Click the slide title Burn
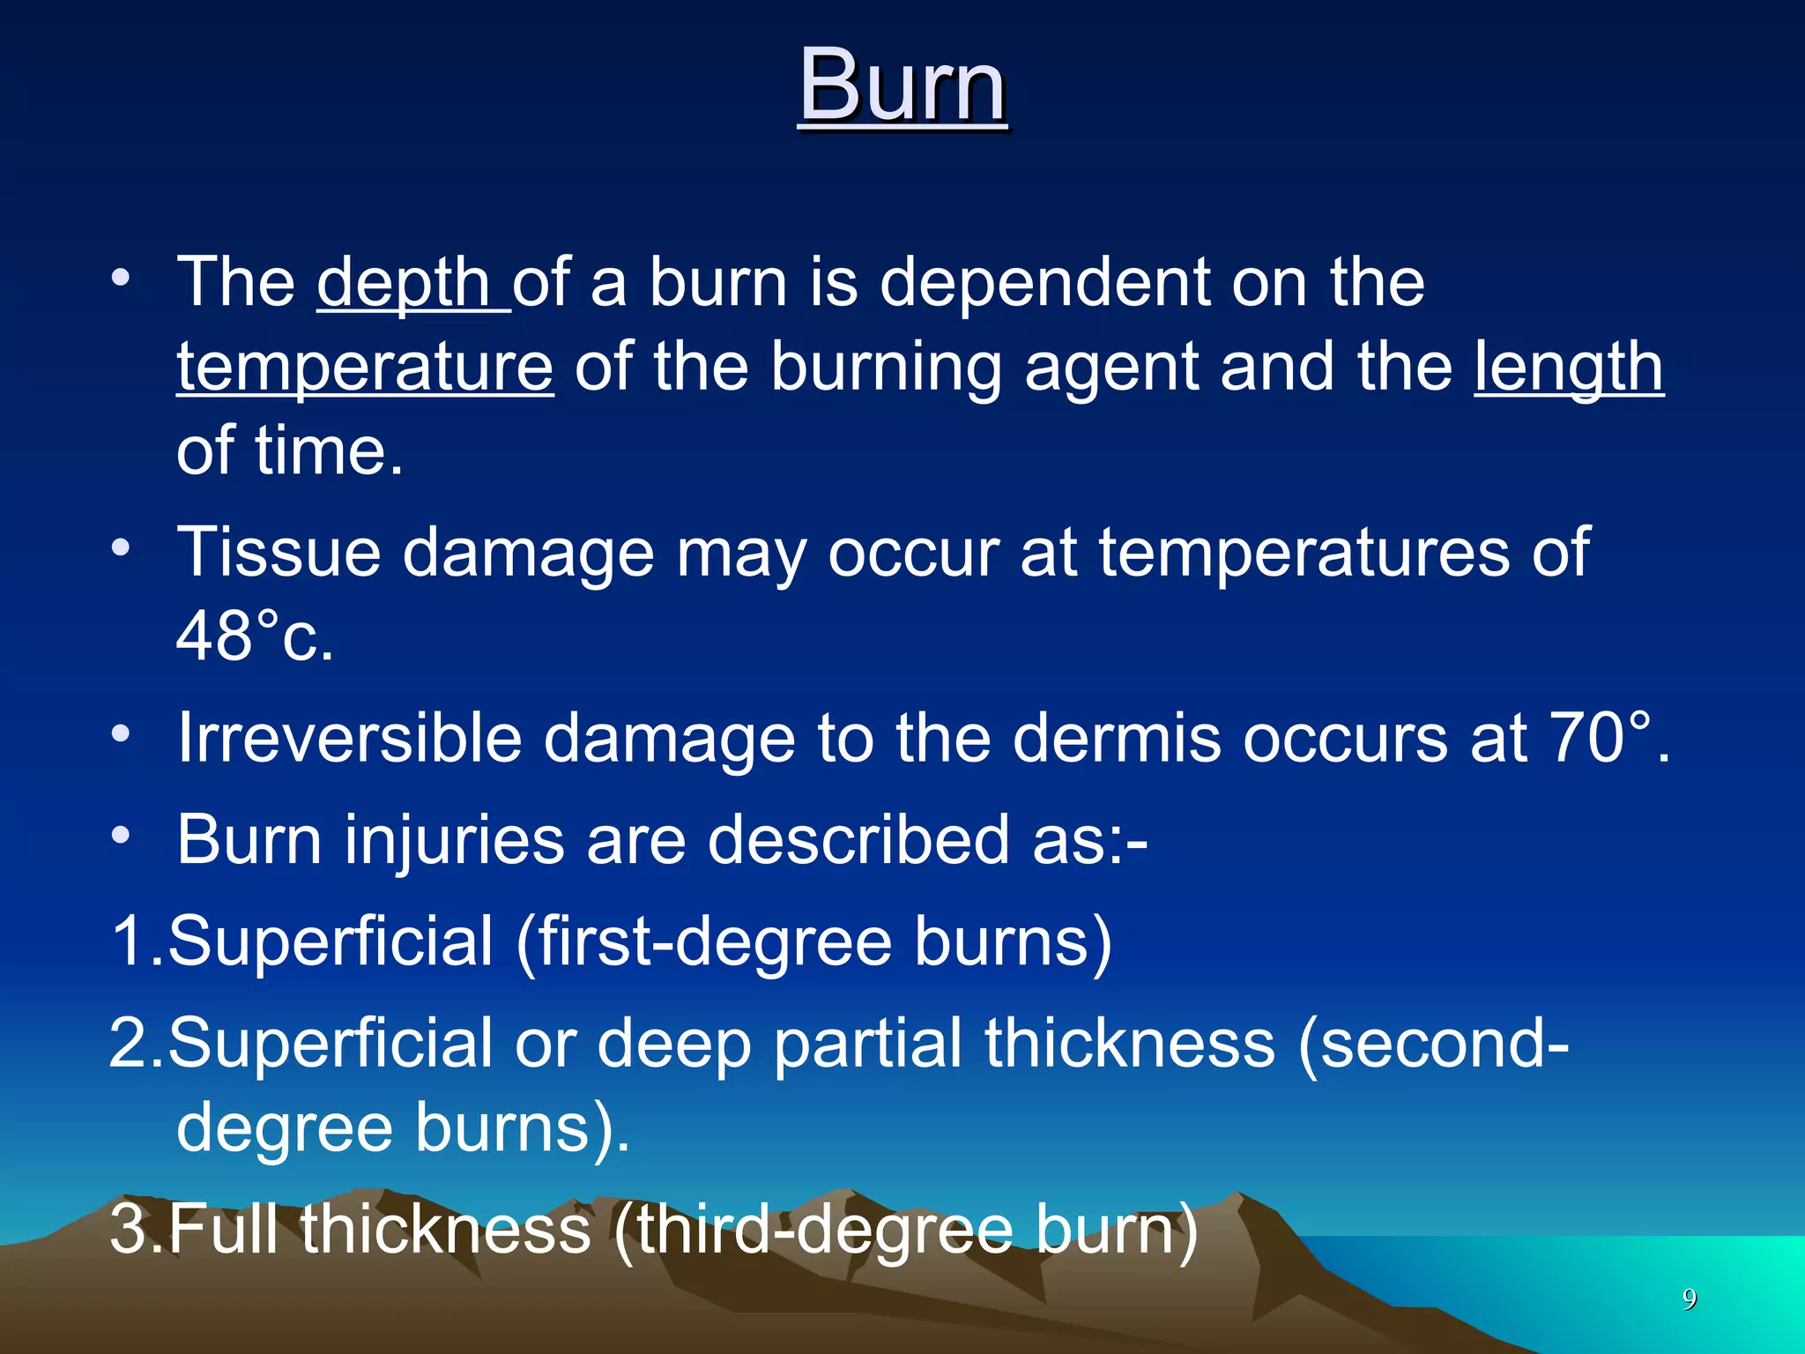(x=902, y=86)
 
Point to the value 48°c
(x=255, y=636)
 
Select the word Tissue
(x=279, y=553)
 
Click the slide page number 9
(x=1690, y=1298)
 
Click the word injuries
(x=454, y=839)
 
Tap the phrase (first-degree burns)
(x=813, y=941)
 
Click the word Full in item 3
(x=224, y=1229)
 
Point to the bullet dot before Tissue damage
(x=121, y=548)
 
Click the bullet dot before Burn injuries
(x=121, y=835)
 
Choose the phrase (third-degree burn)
(x=905, y=1229)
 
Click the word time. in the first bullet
(x=329, y=451)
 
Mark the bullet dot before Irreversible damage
(x=121, y=733)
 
